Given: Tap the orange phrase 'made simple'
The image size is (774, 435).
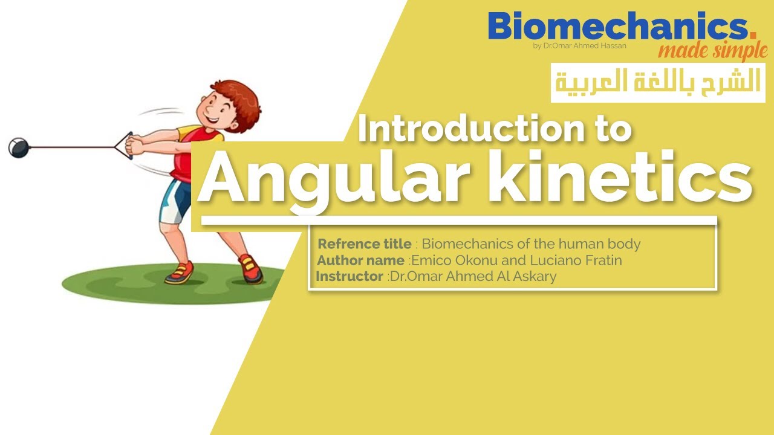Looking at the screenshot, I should [712, 51].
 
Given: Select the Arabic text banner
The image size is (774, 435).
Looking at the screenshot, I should [658, 82].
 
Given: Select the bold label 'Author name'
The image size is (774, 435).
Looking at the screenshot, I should [360, 260].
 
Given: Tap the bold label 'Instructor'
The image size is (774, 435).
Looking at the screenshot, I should [350, 276].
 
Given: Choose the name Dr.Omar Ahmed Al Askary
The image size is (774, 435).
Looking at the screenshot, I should [473, 276].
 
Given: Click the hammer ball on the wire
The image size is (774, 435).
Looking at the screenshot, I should [18, 147].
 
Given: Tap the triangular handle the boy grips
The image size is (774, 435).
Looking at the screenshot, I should [124, 146].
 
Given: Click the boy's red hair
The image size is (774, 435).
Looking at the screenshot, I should [233, 94].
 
